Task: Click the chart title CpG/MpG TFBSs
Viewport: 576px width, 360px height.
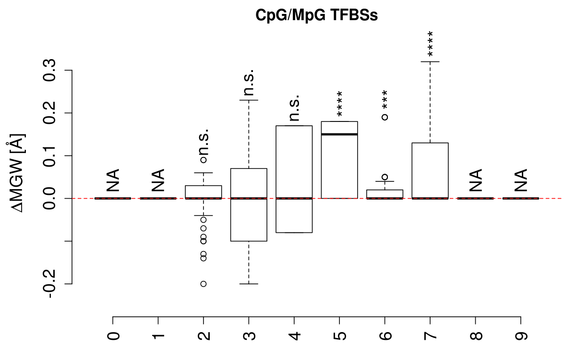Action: (316, 15)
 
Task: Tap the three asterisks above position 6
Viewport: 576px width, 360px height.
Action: (385, 100)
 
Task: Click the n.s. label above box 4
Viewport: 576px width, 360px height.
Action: (294, 107)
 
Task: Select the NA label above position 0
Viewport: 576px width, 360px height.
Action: (113, 180)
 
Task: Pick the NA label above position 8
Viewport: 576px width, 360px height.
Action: (475, 180)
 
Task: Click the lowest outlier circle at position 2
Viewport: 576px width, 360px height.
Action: (204, 284)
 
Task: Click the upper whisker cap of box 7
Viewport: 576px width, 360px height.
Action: (430, 61)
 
